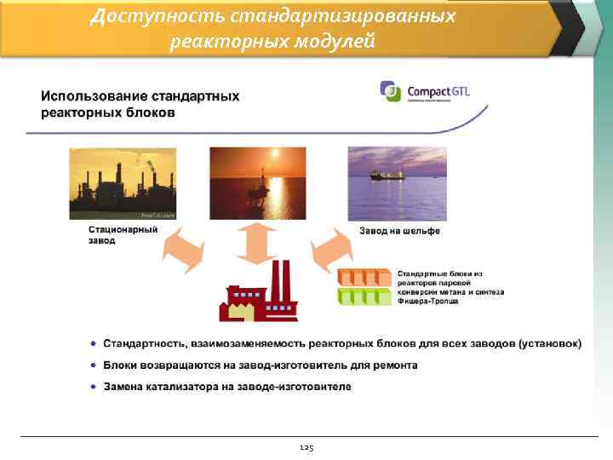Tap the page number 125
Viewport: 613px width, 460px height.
pos(306,447)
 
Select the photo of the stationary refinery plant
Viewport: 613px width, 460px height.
pos(123,183)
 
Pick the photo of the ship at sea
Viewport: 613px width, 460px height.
pos(397,183)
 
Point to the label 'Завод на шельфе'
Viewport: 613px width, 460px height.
pos(399,231)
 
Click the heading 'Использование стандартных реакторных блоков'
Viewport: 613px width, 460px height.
pos(140,104)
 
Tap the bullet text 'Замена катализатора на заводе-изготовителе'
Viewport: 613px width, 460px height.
pos(227,387)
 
